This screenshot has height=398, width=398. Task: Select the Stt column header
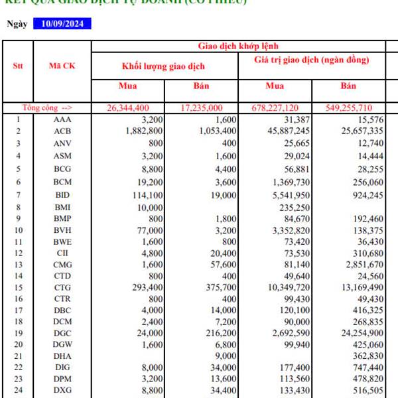(18, 66)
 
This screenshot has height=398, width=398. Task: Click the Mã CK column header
(62, 66)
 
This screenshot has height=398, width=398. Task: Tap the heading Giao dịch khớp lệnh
(238, 46)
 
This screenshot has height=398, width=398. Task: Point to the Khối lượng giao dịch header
(163, 66)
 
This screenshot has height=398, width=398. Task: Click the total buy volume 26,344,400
(128, 108)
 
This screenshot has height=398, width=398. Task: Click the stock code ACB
(62, 131)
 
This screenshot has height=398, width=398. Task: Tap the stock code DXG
(62, 390)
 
